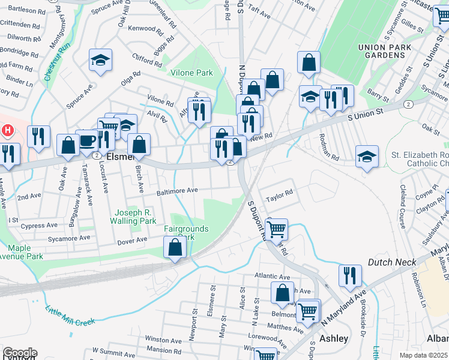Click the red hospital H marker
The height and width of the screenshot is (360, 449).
[8, 130]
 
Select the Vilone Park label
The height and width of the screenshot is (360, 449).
[191, 73]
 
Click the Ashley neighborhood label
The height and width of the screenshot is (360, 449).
[334, 338]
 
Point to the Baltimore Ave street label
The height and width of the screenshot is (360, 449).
[177, 191]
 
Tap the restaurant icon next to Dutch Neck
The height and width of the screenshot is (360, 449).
[350, 275]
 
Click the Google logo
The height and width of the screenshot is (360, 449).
[19, 353]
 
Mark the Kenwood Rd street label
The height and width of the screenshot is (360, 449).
[142, 28]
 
